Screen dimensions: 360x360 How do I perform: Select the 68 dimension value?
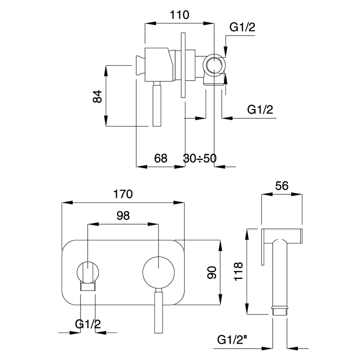(x=161, y=158)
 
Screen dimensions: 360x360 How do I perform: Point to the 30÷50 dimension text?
(x=200, y=158)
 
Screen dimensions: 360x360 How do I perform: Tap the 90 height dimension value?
(x=212, y=272)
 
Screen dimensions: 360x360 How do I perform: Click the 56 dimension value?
(x=281, y=186)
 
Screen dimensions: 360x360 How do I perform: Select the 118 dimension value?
(x=239, y=272)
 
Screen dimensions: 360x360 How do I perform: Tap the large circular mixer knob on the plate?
(x=158, y=272)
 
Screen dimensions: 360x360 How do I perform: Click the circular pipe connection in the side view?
(x=214, y=66)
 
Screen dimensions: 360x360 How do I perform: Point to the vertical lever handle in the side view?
(x=156, y=105)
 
